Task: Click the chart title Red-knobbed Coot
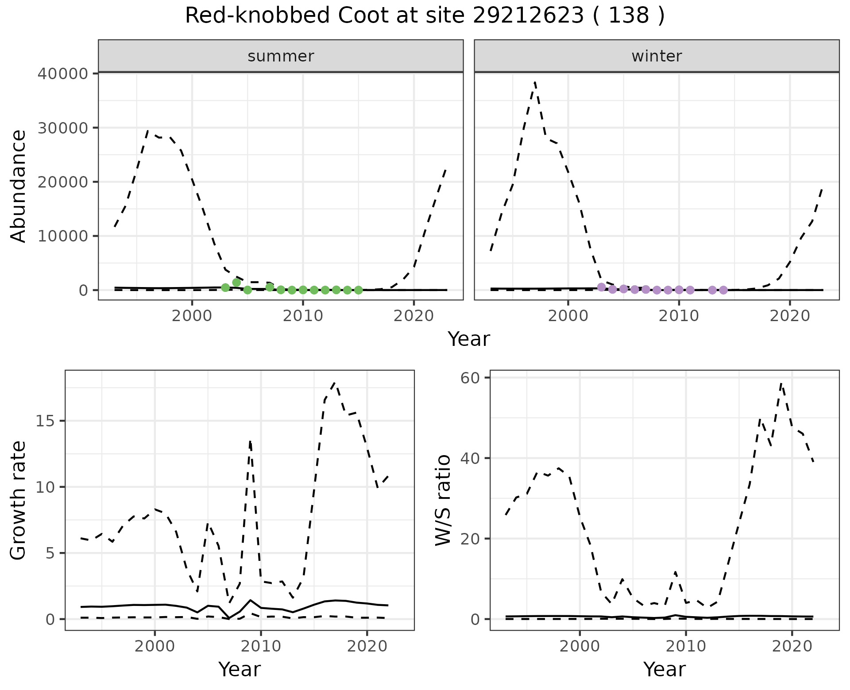tap(424, 16)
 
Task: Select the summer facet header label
tap(281, 56)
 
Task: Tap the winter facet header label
tap(657, 56)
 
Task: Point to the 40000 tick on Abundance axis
tap(63, 73)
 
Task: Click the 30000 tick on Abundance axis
tap(63, 128)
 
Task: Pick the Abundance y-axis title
tap(19, 186)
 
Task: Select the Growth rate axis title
tap(19, 500)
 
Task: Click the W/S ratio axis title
tap(443, 500)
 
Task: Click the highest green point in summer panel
tap(236, 282)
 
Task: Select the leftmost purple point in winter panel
tap(601, 287)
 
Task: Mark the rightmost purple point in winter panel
tap(723, 290)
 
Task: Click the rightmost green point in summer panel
tap(359, 290)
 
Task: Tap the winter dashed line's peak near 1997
tap(535, 82)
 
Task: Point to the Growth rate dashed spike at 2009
tap(250, 441)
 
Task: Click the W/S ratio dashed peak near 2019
tap(782, 383)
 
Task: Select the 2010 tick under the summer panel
tap(303, 316)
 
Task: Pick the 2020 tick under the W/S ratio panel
tap(792, 646)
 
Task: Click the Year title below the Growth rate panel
tap(240, 669)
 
